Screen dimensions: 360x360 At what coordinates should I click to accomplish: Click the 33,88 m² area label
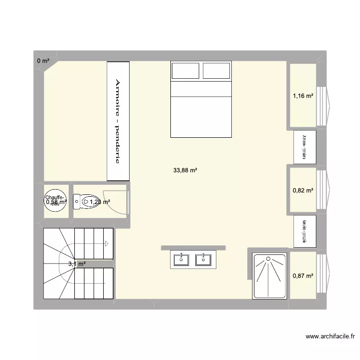[x=185, y=170]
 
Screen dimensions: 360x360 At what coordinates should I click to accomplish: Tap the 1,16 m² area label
[x=303, y=96]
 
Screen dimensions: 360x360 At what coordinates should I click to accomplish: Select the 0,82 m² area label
[x=303, y=191]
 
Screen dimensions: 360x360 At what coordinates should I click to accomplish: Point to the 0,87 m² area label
[x=303, y=276]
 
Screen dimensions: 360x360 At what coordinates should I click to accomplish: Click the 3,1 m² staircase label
[x=77, y=264]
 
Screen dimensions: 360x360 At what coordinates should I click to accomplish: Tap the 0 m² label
[x=43, y=61]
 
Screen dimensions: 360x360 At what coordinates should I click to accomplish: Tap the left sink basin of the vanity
[x=182, y=260]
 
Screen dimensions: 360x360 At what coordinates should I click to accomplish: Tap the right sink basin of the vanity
[x=204, y=260]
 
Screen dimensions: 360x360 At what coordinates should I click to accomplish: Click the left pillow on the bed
[x=186, y=71]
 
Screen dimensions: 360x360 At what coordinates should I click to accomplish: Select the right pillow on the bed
[x=216, y=71]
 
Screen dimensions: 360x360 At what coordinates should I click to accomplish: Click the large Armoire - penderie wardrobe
[x=118, y=121]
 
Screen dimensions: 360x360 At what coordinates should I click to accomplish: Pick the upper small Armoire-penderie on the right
[x=305, y=146]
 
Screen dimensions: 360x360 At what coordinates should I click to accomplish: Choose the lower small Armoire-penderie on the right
[x=305, y=230]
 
